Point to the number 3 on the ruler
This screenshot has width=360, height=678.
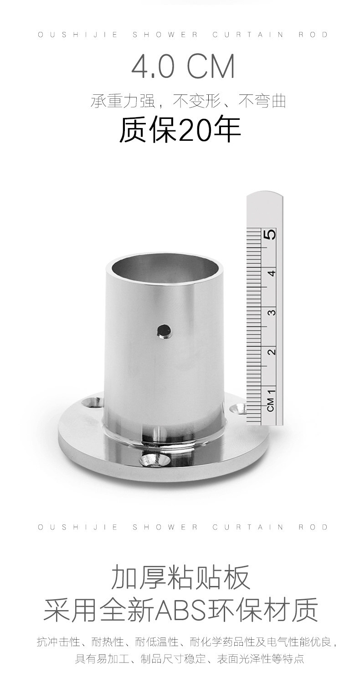click(272, 312)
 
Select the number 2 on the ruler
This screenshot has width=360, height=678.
click(272, 351)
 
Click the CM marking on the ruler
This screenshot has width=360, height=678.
click(271, 405)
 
